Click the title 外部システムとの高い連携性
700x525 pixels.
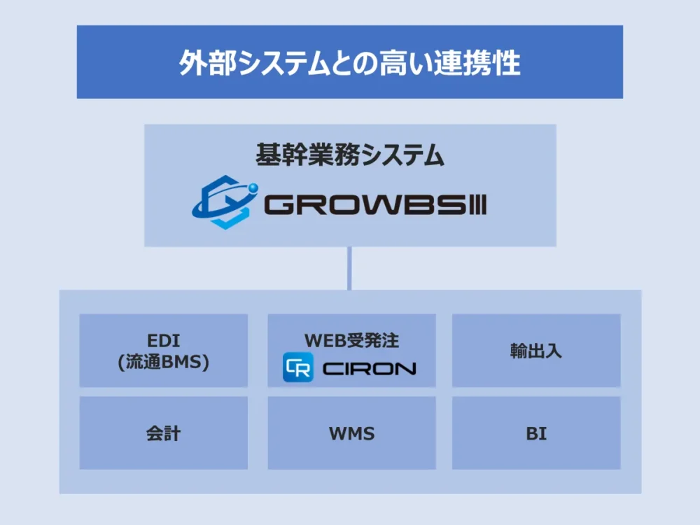tap(349, 63)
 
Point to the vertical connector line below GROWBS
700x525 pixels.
tap(349, 268)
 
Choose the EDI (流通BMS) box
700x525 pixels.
tap(164, 350)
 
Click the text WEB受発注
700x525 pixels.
tap(351, 341)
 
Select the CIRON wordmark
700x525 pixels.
tap(369, 368)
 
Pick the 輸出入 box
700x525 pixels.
tap(536, 350)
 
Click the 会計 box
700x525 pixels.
tap(164, 433)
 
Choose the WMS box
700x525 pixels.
tap(351, 433)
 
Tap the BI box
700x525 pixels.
tap(536, 433)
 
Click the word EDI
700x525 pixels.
tap(164, 341)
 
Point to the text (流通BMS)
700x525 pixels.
tap(164, 363)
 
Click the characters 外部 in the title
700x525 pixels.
tap(199, 63)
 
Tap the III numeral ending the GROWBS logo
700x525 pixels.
tap(477, 205)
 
